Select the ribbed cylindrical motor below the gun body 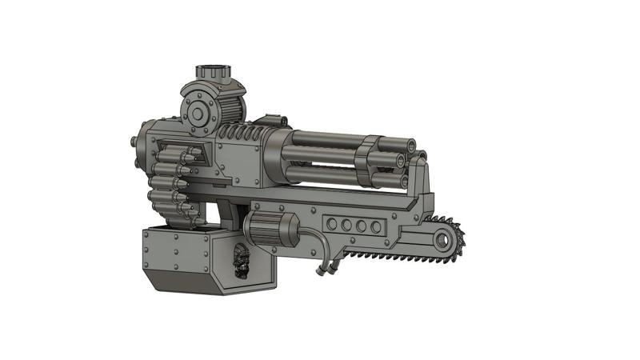(271, 229)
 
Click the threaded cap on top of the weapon (215, 70)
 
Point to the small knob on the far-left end (130, 142)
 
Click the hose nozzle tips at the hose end (323, 273)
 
